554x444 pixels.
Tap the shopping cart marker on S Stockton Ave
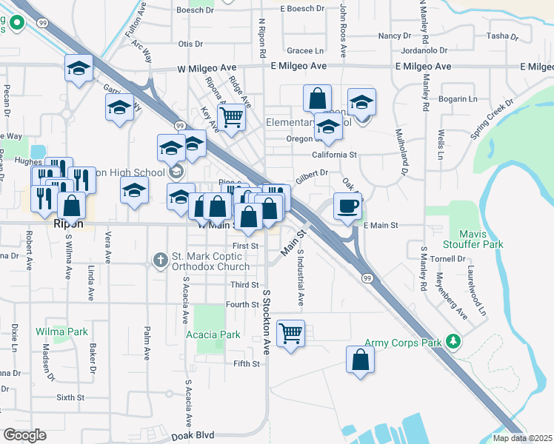291,333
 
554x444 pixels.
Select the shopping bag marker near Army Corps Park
360,360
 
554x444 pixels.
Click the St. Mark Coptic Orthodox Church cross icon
159,260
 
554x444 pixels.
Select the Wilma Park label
61,332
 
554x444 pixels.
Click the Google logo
24,434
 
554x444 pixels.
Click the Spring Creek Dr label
491,118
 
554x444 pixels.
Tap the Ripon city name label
67,223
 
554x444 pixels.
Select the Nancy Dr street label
394,36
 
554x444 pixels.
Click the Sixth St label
71,397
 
